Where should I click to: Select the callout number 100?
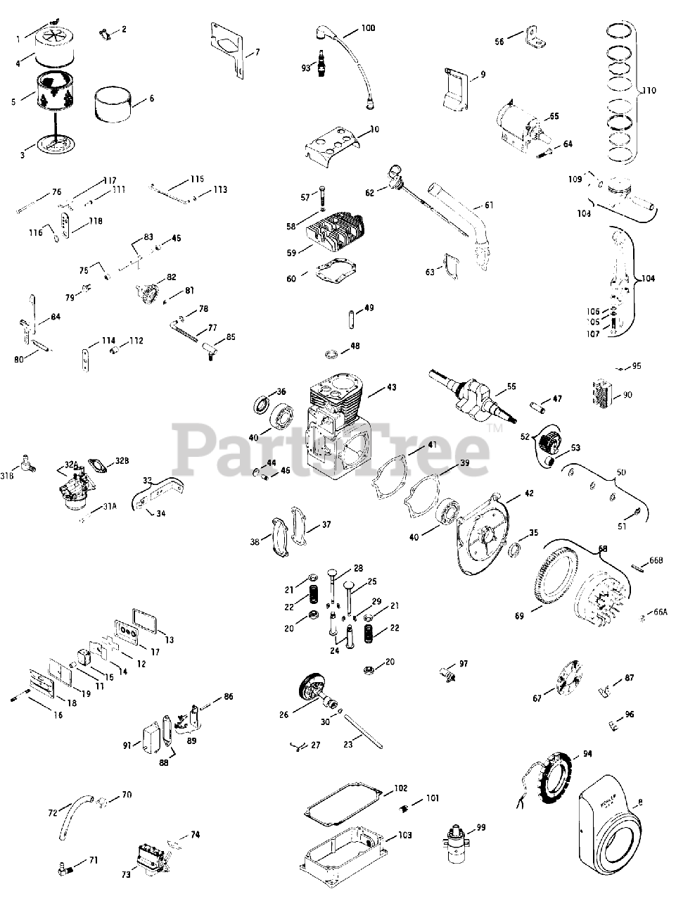coord(369,28)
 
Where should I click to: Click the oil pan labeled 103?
coord(343,852)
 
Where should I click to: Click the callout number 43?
coord(392,388)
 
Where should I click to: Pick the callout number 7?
coord(257,52)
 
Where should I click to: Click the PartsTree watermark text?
coord(331,445)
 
